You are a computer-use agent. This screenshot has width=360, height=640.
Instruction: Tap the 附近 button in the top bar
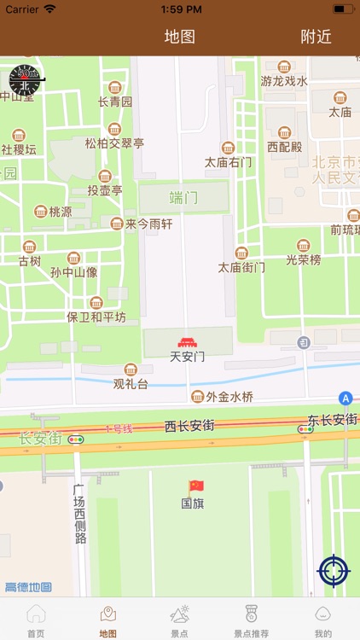(316, 37)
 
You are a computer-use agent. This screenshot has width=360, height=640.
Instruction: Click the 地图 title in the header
(180, 37)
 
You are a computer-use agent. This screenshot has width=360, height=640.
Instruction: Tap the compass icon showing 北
(25, 79)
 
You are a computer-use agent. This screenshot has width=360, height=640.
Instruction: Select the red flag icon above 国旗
(196, 486)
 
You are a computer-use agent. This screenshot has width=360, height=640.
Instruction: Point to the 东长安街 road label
(332, 420)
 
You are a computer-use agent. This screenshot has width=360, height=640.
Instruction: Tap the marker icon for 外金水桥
(198, 397)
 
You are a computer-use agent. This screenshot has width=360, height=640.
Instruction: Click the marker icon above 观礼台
(131, 369)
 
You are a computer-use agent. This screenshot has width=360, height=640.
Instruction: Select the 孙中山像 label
(73, 273)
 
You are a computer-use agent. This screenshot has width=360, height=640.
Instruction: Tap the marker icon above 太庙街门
(241, 253)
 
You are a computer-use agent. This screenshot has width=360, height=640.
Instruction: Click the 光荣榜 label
(303, 259)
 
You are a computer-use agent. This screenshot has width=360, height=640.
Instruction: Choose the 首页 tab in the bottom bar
(36, 620)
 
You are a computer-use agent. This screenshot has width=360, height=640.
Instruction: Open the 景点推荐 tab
(251, 620)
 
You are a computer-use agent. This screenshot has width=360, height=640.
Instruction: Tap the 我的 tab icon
(322, 614)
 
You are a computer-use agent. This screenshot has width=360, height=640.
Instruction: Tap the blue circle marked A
(345, 398)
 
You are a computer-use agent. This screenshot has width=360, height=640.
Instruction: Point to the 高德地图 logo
(28, 587)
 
